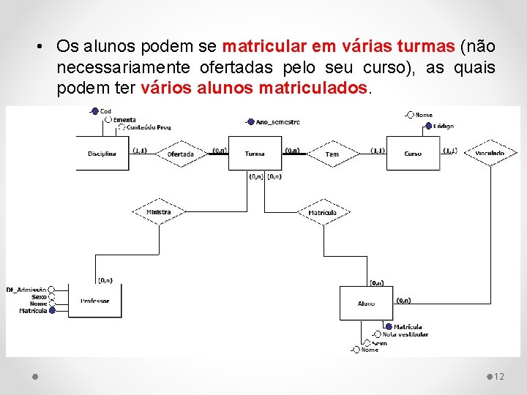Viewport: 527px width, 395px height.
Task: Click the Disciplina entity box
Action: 102,154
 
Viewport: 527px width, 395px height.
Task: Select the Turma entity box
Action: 255,154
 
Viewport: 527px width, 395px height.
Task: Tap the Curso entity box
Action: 412,154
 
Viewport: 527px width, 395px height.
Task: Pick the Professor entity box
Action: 94,300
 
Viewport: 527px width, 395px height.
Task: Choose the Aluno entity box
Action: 366,303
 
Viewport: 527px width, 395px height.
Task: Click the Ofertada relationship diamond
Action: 180,154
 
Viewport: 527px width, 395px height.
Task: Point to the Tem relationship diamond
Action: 332,154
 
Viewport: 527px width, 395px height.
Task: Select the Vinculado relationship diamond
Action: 490,154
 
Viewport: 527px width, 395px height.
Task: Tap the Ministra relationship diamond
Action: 158,212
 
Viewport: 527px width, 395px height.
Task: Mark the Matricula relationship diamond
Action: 322,213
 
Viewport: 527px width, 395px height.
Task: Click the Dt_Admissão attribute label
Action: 26,290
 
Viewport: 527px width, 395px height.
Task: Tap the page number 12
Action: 499,377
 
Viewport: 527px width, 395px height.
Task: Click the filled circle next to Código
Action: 428,126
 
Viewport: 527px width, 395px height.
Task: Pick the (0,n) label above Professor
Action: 105,279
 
